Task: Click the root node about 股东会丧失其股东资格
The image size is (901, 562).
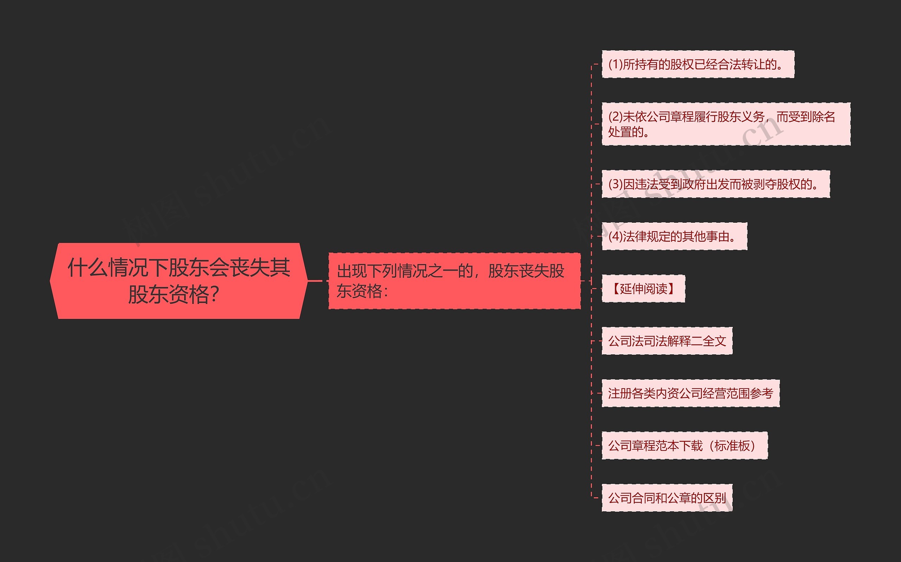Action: (x=178, y=280)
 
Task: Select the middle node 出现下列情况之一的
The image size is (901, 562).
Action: (x=454, y=280)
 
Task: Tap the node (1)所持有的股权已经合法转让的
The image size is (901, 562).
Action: (x=698, y=64)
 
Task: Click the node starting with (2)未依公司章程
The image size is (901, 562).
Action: (x=726, y=124)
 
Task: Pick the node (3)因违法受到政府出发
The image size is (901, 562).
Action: (x=716, y=184)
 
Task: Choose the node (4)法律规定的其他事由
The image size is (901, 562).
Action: (x=674, y=236)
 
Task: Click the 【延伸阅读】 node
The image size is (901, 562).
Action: (x=643, y=289)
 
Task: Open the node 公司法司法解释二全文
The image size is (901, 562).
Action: (x=667, y=341)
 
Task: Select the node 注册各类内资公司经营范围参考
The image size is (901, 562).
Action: (x=690, y=393)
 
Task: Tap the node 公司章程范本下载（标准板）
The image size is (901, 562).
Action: (x=684, y=445)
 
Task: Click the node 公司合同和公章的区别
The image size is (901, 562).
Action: (x=667, y=498)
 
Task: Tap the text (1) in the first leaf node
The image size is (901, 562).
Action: (x=615, y=64)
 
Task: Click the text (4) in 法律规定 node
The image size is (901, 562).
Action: (x=615, y=236)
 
